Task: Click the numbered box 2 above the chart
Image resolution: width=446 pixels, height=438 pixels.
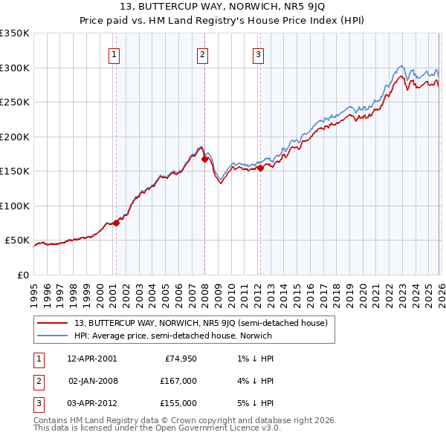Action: pyautogui.click(x=202, y=53)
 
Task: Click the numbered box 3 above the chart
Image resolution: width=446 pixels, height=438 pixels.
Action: pyautogui.click(x=258, y=53)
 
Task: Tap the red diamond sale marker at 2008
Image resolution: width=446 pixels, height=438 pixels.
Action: pyautogui.click(x=204, y=159)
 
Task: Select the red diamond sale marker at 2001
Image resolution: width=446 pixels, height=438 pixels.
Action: pyautogui.click(x=116, y=223)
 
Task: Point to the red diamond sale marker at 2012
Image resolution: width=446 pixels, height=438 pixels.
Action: pyautogui.click(x=260, y=168)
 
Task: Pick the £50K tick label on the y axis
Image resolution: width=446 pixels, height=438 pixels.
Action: pyautogui.click(x=18, y=241)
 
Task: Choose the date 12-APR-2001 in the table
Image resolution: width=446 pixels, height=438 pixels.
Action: pyautogui.click(x=91, y=358)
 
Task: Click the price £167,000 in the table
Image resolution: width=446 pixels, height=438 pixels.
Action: pyautogui.click(x=178, y=381)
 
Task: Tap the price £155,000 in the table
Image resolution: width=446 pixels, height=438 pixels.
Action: pyautogui.click(x=178, y=403)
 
